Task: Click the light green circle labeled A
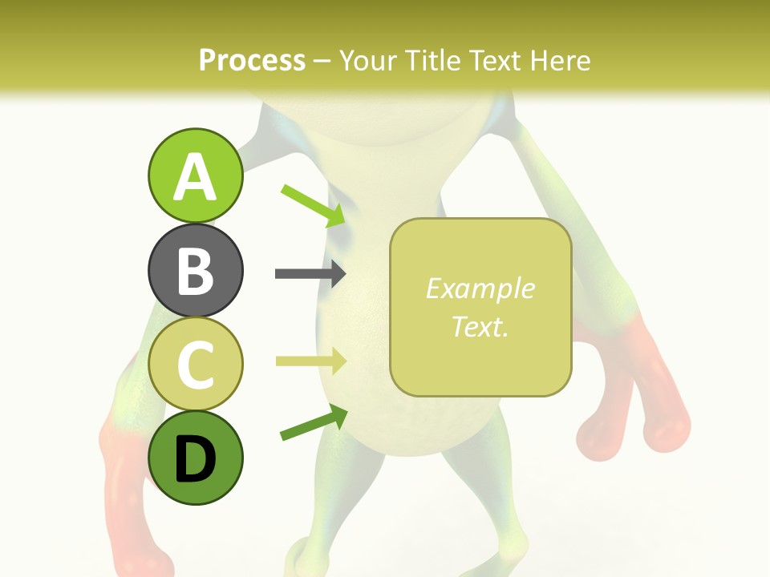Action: click(195, 176)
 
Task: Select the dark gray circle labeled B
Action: click(195, 270)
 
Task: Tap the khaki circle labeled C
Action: click(195, 364)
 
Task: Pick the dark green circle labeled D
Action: click(195, 458)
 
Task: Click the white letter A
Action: click(195, 177)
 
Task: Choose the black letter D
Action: click(195, 459)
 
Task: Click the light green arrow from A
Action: click(314, 205)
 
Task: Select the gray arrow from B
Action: click(310, 274)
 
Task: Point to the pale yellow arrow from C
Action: click(310, 361)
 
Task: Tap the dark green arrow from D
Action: click(314, 422)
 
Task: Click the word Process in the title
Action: click(252, 60)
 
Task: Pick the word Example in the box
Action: click(480, 288)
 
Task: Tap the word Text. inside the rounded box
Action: click(480, 326)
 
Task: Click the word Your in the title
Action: click(367, 60)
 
